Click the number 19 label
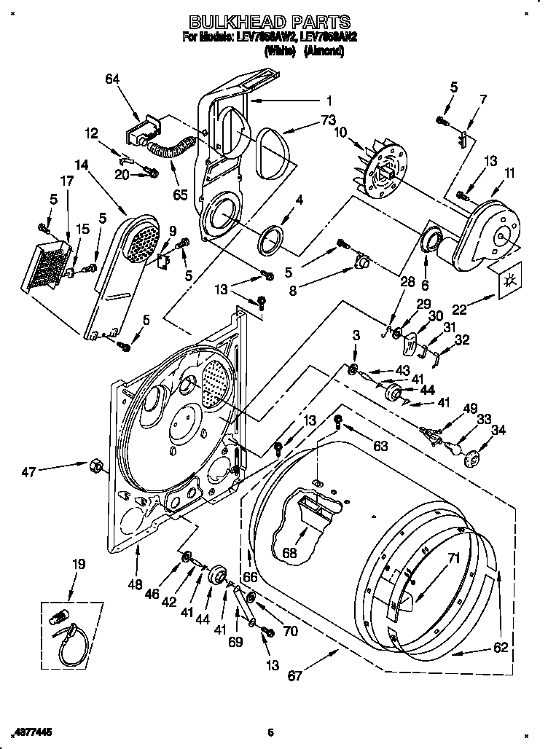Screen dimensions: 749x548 pos(79,563)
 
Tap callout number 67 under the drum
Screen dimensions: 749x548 pos(294,675)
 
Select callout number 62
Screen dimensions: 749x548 pos(500,646)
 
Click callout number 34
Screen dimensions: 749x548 pos(498,430)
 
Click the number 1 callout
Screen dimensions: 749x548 pos(329,101)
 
